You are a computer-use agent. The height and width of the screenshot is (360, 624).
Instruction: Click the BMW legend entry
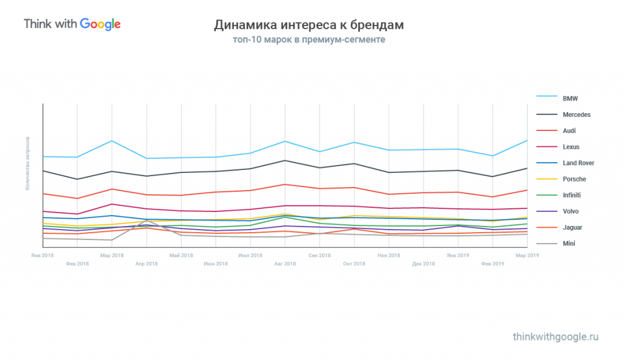tap(570, 99)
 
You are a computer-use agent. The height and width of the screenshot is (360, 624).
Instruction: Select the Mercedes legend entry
tap(576, 115)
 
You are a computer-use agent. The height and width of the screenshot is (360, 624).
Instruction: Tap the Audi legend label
tap(569, 131)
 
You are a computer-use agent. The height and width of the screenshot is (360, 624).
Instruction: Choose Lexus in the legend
tap(571, 147)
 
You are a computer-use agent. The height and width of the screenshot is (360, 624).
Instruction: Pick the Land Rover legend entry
tap(578, 163)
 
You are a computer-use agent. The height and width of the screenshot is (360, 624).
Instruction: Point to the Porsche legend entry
tap(574, 179)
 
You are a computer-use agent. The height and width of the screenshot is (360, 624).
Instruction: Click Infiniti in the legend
tap(572, 196)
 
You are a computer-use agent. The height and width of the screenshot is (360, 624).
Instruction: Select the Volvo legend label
tap(570, 211)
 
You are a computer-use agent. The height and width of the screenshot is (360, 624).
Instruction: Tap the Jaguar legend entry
tap(572, 228)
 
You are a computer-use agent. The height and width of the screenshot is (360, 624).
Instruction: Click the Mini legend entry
tap(569, 244)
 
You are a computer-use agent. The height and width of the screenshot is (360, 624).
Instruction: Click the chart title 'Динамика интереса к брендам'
tap(308, 26)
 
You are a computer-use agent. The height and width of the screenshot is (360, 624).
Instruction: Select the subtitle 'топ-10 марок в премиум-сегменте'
tap(308, 40)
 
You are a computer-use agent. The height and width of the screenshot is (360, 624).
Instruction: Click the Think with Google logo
tap(72, 24)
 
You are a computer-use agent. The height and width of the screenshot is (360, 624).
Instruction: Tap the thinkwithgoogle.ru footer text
tap(556, 336)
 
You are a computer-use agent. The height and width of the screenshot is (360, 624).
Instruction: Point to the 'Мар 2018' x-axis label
tap(112, 255)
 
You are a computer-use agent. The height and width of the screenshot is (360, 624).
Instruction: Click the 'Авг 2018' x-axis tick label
tap(285, 264)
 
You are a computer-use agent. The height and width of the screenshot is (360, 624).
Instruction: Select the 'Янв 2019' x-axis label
tap(458, 255)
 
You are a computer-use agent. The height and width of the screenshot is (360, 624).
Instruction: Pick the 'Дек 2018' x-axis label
tap(424, 264)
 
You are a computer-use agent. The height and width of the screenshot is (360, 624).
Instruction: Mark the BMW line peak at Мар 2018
tap(112, 141)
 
